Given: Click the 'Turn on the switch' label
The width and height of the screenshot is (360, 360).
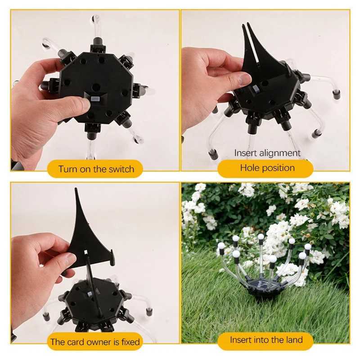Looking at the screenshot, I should [x=96, y=169].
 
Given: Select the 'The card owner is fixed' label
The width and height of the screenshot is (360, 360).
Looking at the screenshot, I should [x=95, y=342].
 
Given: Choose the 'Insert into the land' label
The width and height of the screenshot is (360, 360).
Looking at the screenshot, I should [x=266, y=340].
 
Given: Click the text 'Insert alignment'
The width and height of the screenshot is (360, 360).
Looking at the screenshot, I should [x=267, y=153].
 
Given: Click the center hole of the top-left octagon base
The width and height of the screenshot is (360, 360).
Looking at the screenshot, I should [x=96, y=86].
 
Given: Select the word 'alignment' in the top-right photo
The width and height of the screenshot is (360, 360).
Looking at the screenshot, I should [x=280, y=153].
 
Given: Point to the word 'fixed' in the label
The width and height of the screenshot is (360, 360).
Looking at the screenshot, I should [x=129, y=342].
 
